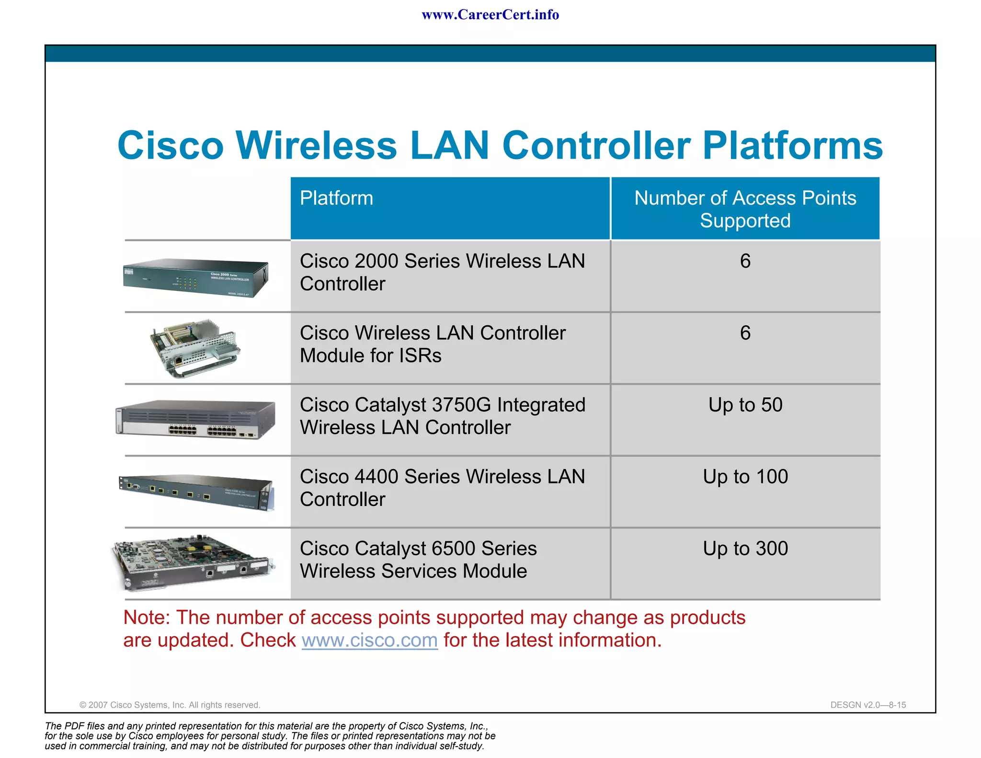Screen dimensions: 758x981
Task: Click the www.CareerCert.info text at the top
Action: point(490,15)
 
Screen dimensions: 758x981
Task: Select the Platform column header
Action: point(336,198)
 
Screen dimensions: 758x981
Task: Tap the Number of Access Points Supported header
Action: point(745,209)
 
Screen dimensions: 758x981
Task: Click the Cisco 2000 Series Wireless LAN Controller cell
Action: point(442,272)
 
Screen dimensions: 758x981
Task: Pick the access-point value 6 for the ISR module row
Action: point(745,333)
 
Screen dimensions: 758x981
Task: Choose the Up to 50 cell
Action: point(745,405)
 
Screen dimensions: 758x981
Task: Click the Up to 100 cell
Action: point(745,477)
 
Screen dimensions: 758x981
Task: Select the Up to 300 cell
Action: point(745,549)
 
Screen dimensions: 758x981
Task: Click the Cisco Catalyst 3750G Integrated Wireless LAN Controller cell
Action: point(442,416)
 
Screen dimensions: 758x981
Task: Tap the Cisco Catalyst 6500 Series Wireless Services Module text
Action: point(418,560)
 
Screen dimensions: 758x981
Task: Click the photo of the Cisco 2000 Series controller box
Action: point(195,278)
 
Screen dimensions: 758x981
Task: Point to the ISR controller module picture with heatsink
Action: point(195,348)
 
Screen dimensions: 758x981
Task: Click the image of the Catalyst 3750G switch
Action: point(195,419)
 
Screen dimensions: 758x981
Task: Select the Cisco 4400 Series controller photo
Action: point(195,491)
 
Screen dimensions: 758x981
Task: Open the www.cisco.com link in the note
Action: point(369,641)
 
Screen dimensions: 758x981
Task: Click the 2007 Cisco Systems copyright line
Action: point(170,705)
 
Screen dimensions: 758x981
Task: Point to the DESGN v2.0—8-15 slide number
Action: point(868,705)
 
